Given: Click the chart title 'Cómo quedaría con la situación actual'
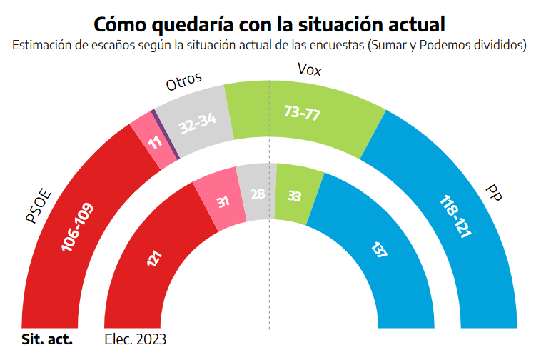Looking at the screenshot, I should coord(270,24).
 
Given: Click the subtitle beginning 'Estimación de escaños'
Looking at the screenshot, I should coord(270,45).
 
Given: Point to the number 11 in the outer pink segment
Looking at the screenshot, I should coord(155,142).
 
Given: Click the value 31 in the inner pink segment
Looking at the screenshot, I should coord(223,203).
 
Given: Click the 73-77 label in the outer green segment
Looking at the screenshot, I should coord(301,113).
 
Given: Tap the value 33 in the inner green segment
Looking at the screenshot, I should coord(293,196).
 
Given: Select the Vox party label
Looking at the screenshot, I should coord(309,70).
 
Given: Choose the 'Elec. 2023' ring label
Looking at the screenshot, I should coord(135,339).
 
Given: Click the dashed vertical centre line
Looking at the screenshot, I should coord(269,286).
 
